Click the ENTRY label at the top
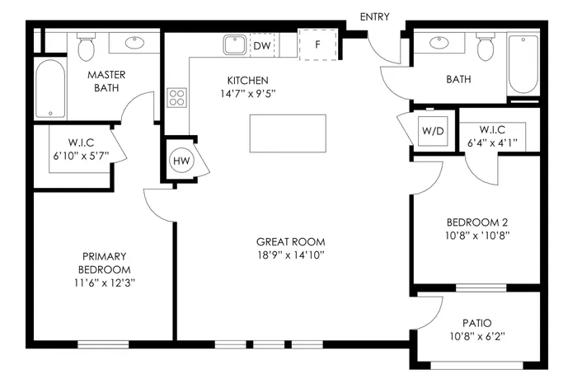[x=375, y=16]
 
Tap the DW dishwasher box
[x=262, y=45]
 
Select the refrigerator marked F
[x=317, y=44]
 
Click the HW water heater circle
[x=181, y=161]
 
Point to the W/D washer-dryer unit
[x=433, y=130]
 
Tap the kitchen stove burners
[x=177, y=98]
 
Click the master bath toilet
[x=86, y=48]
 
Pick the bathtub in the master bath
[x=50, y=89]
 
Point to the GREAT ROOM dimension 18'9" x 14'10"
[x=290, y=255]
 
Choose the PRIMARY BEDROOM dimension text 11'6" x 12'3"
[x=105, y=283]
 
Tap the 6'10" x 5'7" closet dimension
[x=80, y=156]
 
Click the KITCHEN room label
[x=248, y=81]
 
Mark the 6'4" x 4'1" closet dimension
[x=493, y=142]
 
